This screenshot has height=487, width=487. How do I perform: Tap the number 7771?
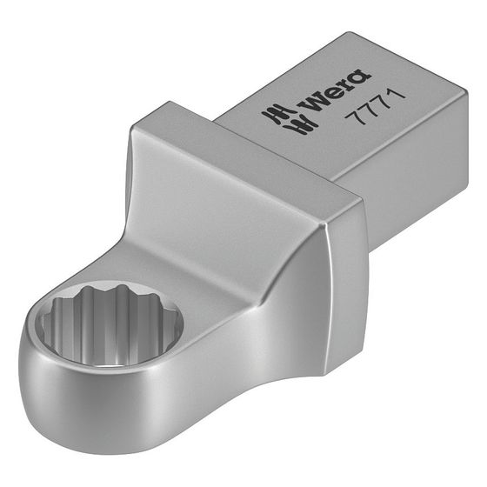click(x=376, y=108)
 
